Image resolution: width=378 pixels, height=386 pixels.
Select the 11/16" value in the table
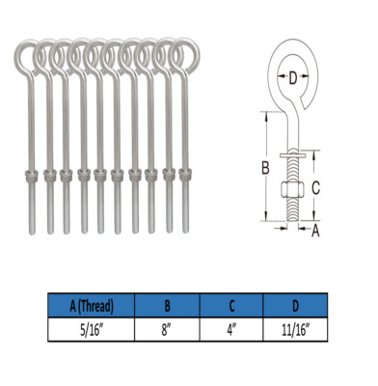point(295,328)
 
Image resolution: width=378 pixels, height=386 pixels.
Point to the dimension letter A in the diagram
point(315,229)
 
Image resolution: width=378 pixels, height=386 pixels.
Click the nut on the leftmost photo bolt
point(28,176)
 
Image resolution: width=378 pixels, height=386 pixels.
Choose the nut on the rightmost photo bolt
point(182,176)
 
